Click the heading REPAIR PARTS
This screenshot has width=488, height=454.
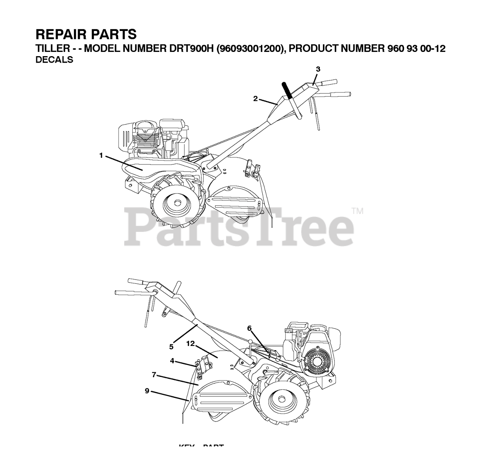point(86,34)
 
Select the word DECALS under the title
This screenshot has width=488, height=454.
point(54,60)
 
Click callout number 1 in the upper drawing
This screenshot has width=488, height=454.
point(101,155)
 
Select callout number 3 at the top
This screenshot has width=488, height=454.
point(318,69)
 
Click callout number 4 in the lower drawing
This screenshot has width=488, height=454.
point(172,360)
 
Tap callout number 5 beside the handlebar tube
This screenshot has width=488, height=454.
point(171,347)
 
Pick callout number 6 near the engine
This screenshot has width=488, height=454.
point(249,328)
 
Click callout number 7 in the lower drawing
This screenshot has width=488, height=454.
point(154,375)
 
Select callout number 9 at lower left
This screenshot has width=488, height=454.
point(147,391)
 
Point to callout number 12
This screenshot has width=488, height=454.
point(191,344)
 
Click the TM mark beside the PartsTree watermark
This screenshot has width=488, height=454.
point(357,211)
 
